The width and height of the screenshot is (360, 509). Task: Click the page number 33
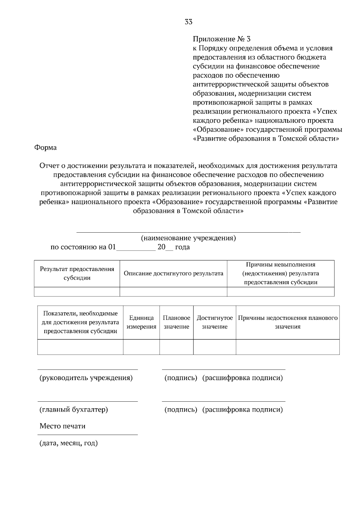[188, 22]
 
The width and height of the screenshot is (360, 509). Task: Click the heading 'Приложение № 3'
[221, 39]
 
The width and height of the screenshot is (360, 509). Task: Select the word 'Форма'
[46, 147]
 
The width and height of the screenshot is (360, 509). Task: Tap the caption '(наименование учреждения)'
[188, 238]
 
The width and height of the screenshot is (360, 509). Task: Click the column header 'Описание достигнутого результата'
[173, 273]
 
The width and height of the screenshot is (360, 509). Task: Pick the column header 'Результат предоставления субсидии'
[77, 273]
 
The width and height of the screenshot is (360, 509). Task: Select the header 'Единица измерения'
[141, 322]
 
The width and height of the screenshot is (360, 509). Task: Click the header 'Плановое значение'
[176, 322]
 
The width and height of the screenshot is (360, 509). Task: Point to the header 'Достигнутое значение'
[214, 322]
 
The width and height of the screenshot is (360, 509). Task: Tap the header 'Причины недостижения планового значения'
[288, 322]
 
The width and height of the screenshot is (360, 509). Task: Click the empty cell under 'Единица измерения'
[141, 347]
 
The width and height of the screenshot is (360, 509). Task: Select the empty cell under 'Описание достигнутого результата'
[173, 292]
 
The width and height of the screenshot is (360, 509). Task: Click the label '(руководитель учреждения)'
[86, 378]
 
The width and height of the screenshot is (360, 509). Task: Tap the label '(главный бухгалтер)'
[74, 409]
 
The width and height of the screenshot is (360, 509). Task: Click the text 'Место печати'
[62, 426]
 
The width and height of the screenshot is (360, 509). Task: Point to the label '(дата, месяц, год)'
[69, 443]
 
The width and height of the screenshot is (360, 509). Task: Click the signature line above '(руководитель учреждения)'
[88, 370]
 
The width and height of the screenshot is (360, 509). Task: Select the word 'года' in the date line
[182, 248]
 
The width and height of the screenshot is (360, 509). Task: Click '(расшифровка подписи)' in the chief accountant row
[242, 409]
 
